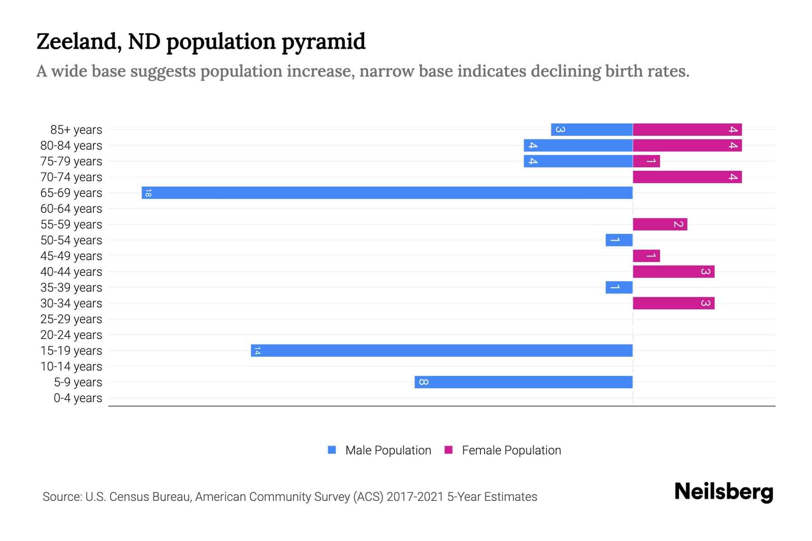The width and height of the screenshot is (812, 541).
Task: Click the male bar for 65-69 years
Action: [387, 193]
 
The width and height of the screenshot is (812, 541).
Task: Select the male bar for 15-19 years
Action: [442, 350]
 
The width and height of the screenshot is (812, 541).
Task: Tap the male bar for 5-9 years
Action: [523, 382]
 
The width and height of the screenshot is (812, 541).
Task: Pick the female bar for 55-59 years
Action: [660, 224]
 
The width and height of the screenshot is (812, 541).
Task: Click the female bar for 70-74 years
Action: [687, 177]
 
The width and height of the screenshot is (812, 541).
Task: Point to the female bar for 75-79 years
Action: [646, 161]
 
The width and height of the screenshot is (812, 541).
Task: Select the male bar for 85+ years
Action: [591, 129]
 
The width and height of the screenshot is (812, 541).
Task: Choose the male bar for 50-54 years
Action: [619, 240]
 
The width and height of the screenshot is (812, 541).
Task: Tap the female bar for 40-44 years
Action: [673, 271]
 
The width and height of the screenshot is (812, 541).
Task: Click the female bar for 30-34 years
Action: [673, 303]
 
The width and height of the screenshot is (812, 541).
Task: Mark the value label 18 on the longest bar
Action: [148, 193]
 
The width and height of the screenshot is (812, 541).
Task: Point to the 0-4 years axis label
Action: [78, 398]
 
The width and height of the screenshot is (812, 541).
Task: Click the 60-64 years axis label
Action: [71, 209]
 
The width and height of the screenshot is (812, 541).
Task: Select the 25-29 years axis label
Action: [71, 319]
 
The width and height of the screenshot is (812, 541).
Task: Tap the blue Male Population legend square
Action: [332, 450]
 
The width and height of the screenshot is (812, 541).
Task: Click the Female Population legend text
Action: [511, 450]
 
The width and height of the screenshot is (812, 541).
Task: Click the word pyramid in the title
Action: [323, 41]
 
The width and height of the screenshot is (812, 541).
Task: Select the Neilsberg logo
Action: [724, 492]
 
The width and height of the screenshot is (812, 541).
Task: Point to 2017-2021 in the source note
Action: [415, 497]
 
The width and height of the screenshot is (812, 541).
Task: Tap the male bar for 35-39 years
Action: [619, 287]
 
